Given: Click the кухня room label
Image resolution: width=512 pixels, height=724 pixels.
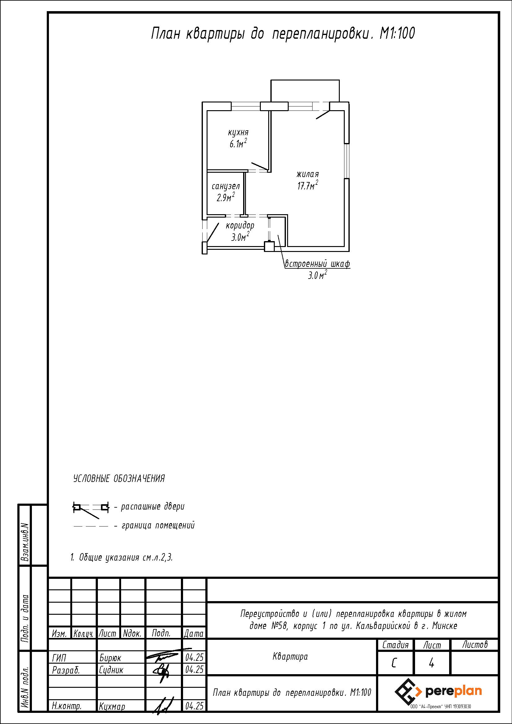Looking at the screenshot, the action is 238,133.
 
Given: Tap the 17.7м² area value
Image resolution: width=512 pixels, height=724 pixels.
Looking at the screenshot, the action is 308,185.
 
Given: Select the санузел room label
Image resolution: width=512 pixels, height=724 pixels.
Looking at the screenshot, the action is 225,186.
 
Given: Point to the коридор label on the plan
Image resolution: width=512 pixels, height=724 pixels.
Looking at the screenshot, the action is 240,225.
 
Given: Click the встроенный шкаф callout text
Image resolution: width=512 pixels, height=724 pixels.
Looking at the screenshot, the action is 317,264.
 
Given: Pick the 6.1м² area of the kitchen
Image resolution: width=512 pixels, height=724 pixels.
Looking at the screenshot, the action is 238,144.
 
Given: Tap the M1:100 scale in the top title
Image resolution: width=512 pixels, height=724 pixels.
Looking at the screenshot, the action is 397,33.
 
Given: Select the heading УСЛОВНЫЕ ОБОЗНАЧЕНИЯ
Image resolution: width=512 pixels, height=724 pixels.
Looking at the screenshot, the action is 119,479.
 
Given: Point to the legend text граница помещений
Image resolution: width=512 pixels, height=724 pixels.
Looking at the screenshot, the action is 158,525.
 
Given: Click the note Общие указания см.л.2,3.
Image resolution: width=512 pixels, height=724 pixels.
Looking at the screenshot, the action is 121,557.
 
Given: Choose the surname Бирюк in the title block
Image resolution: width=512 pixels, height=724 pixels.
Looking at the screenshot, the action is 110,658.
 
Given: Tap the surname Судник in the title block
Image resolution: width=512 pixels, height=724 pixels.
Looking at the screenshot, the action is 111,670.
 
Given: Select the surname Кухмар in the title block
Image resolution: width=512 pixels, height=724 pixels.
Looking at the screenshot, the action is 112,706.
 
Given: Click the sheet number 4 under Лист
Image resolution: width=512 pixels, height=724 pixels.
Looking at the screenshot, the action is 431,663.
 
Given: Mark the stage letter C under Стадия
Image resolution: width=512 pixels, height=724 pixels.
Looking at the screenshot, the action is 394,663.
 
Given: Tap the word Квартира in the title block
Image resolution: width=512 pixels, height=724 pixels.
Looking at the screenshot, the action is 290,657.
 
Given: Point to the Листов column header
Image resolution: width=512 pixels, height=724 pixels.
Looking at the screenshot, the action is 475,644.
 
